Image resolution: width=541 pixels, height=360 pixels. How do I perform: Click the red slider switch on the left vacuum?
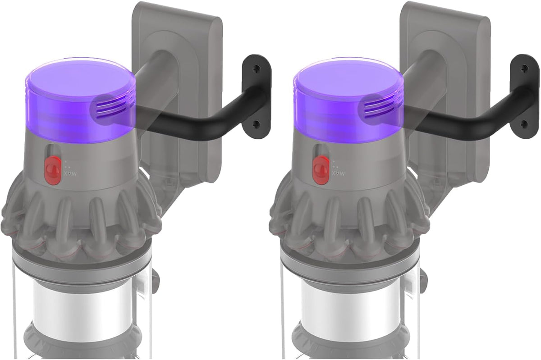click(52, 170)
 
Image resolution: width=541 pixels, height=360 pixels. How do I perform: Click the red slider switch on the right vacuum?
click(321, 170)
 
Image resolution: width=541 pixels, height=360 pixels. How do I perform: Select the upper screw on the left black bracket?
click(256, 69)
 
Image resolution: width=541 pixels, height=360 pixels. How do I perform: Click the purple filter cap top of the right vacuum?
click(348, 77)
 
